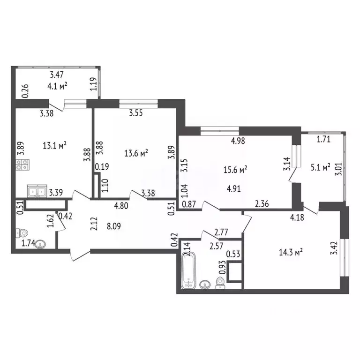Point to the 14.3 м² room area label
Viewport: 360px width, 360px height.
point(291,252)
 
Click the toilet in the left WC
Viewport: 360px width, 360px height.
point(21,232)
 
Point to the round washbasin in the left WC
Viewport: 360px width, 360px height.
point(42,244)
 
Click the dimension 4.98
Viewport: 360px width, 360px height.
point(236,140)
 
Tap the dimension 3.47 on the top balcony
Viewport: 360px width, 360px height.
point(57,75)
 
